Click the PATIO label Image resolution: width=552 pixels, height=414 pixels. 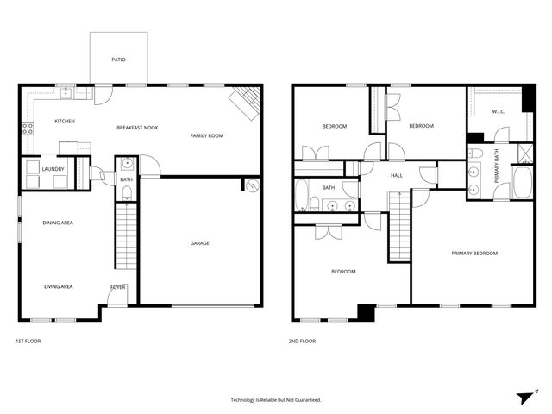(118, 60)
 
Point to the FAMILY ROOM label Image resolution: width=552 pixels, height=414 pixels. (207, 135)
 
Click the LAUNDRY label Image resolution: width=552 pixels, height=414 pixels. (53, 169)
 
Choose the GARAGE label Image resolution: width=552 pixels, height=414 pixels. (199, 242)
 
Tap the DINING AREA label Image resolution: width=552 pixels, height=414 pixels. (58, 223)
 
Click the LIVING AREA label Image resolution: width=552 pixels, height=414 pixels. (58, 286)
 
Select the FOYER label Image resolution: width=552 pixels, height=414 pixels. (116, 286)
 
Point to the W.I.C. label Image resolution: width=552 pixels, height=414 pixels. (498, 111)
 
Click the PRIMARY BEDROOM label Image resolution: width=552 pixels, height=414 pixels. (474, 253)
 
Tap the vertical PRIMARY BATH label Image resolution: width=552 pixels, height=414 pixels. (496, 163)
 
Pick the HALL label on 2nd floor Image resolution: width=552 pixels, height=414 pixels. (397, 175)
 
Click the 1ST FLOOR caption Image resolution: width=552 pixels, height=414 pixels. (28, 341)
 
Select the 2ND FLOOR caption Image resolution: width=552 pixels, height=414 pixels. (302, 341)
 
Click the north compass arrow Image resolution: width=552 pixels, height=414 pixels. (526, 397)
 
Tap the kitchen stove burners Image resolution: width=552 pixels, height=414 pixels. (27, 130)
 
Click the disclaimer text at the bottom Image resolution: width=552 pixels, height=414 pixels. (275, 399)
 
